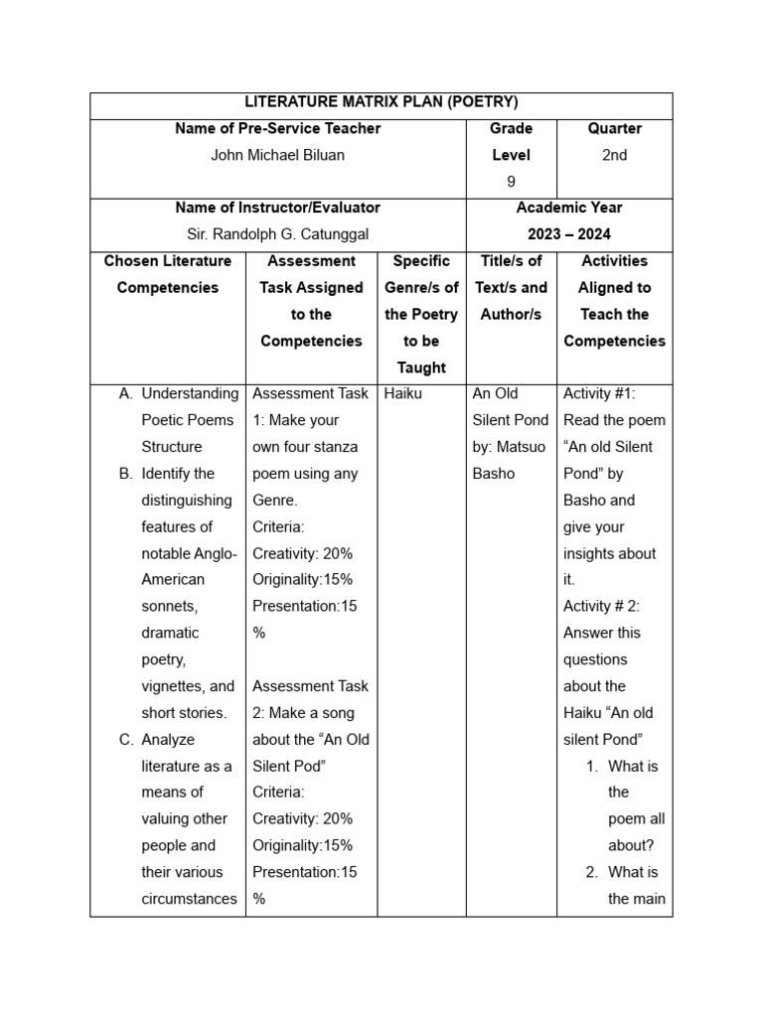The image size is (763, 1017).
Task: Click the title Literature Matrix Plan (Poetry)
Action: tap(381, 102)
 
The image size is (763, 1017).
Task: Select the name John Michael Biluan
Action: tap(278, 155)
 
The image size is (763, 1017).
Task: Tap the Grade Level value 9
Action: tap(511, 182)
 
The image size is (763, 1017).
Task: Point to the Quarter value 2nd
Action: tap(614, 155)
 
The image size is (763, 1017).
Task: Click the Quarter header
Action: tap(614, 128)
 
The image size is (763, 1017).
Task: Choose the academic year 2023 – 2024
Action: tap(568, 234)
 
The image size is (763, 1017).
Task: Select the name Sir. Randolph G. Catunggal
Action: tap(278, 234)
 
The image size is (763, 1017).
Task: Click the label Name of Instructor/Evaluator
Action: tap(278, 208)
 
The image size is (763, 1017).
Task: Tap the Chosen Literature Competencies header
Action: tap(168, 274)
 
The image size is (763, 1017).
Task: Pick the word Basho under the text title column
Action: tap(494, 474)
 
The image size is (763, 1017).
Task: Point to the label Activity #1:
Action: tap(601, 393)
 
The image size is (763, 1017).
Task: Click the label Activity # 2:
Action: tap(602, 606)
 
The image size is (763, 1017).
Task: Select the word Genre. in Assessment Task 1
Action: tap(275, 501)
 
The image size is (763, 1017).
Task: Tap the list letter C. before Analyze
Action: tap(126, 739)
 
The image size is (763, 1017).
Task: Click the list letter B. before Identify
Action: tap(126, 474)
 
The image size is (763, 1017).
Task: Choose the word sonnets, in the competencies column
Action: tap(170, 606)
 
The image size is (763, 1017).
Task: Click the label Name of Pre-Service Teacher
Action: tap(278, 128)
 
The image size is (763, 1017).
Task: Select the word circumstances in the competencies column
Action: tap(189, 899)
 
